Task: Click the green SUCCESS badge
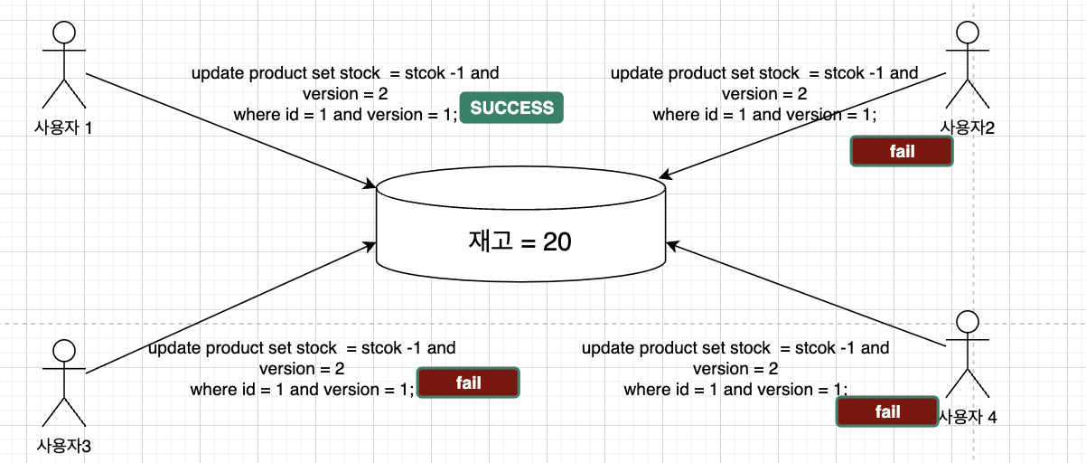click(x=511, y=108)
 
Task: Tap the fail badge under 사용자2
click(x=902, y=151)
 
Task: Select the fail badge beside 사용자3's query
click(x=468, y=383)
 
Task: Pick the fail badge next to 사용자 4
click(x=887, y=412)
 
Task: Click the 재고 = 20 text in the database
click(x=520, y=241)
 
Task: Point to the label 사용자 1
click(x=62, y=128)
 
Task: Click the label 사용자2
click(x=967, y=128)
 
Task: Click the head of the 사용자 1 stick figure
click(x=62, y=33)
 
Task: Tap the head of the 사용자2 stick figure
click(x=968, y=33)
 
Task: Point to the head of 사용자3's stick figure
click(x=63, y=350)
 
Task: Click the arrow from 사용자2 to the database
click(x=804, y=125)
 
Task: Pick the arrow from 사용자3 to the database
click(x=230, y=307)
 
